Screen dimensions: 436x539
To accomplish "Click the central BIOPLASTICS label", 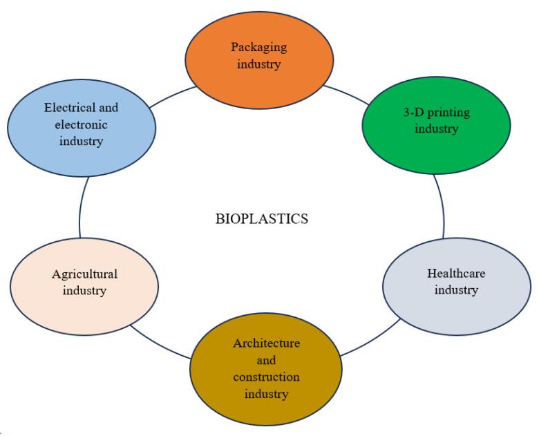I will [261, 220].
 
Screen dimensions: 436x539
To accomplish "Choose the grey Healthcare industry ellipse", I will [456, 304].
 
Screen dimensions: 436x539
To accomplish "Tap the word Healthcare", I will [456, 273].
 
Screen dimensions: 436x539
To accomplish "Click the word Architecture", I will [267, 343].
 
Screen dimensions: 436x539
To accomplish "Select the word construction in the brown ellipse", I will [267, 377].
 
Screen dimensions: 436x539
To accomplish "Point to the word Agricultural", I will [85, 273].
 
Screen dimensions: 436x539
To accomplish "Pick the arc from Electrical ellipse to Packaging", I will [169, 97].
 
